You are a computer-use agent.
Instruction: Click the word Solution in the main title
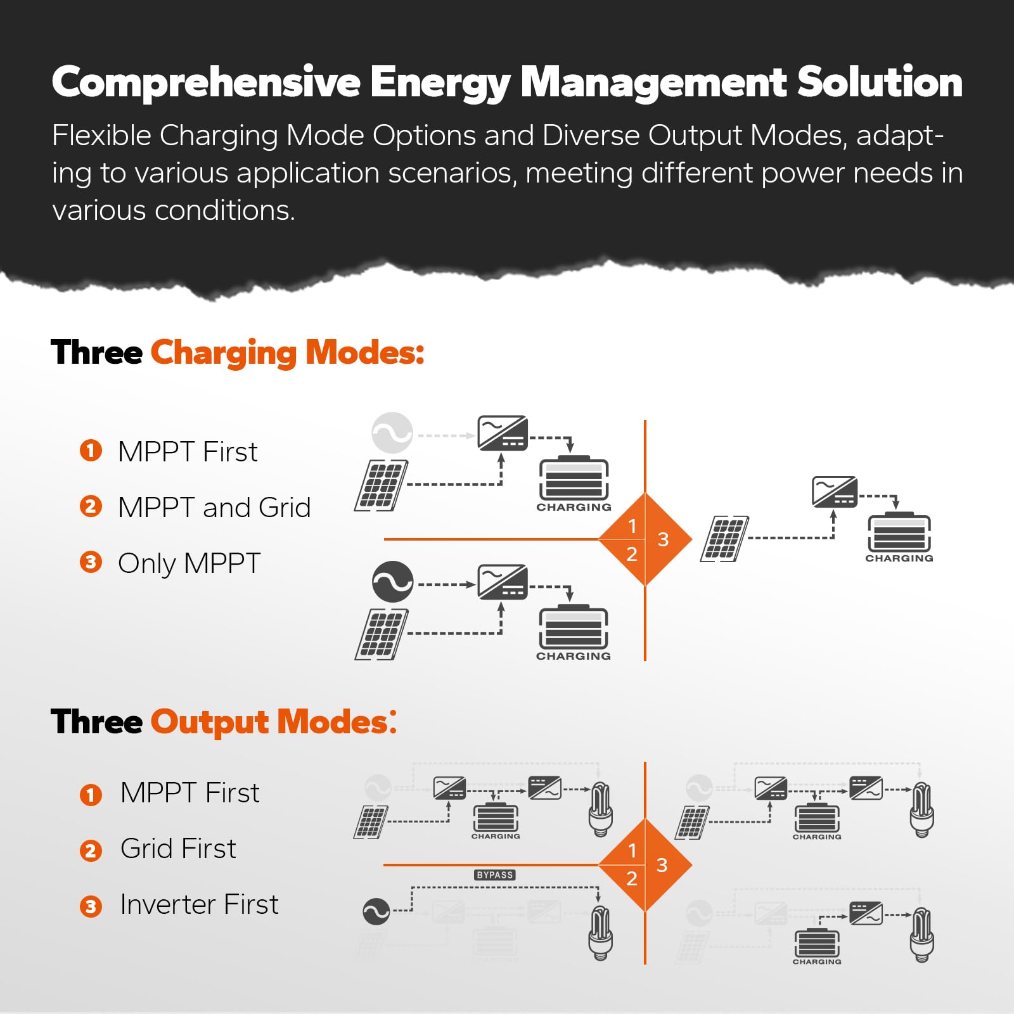(x=880, y=82)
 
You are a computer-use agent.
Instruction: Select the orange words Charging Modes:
(x=287, y=353)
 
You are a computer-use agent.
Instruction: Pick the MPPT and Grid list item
(x=214, y=508)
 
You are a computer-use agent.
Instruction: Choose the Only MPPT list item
(x=189, y=563)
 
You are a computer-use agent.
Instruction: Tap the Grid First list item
(x=178, y=849)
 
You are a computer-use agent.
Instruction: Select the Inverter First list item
(x=199, y=904)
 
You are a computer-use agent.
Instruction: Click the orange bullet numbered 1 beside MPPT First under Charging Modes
(x=91, y=451)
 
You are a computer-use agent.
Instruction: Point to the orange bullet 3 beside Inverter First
(x=91, y=906)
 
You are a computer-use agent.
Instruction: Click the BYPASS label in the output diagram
(x=495, y=875)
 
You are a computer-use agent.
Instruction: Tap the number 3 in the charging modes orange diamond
(x=663, y=539)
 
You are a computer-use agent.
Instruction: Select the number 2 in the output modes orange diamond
(x=631, y=879)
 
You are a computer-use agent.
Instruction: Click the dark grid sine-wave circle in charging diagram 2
(x=392, y=582)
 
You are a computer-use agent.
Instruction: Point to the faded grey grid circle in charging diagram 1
(x=392, y=433)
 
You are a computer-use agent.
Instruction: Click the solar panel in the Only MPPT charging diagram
(x=724, y=539)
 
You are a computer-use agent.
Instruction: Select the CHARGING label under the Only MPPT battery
(x=899, y=558)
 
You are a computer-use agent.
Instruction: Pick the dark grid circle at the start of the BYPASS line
(x=376, y=911)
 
